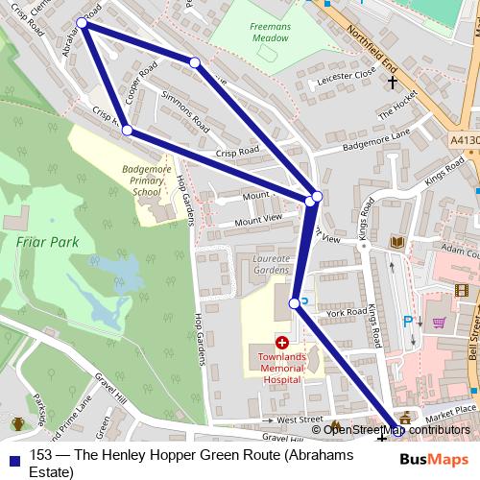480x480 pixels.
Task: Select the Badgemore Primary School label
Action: [147, 180]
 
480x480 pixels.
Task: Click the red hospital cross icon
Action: [282, 342]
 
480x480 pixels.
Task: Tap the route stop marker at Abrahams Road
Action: [83, 23]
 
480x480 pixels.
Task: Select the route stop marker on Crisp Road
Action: [127, 131]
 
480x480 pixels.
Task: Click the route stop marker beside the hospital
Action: [295, 304]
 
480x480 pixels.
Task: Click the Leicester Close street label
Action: [350, 73]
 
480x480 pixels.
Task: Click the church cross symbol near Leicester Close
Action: [392, 84]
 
